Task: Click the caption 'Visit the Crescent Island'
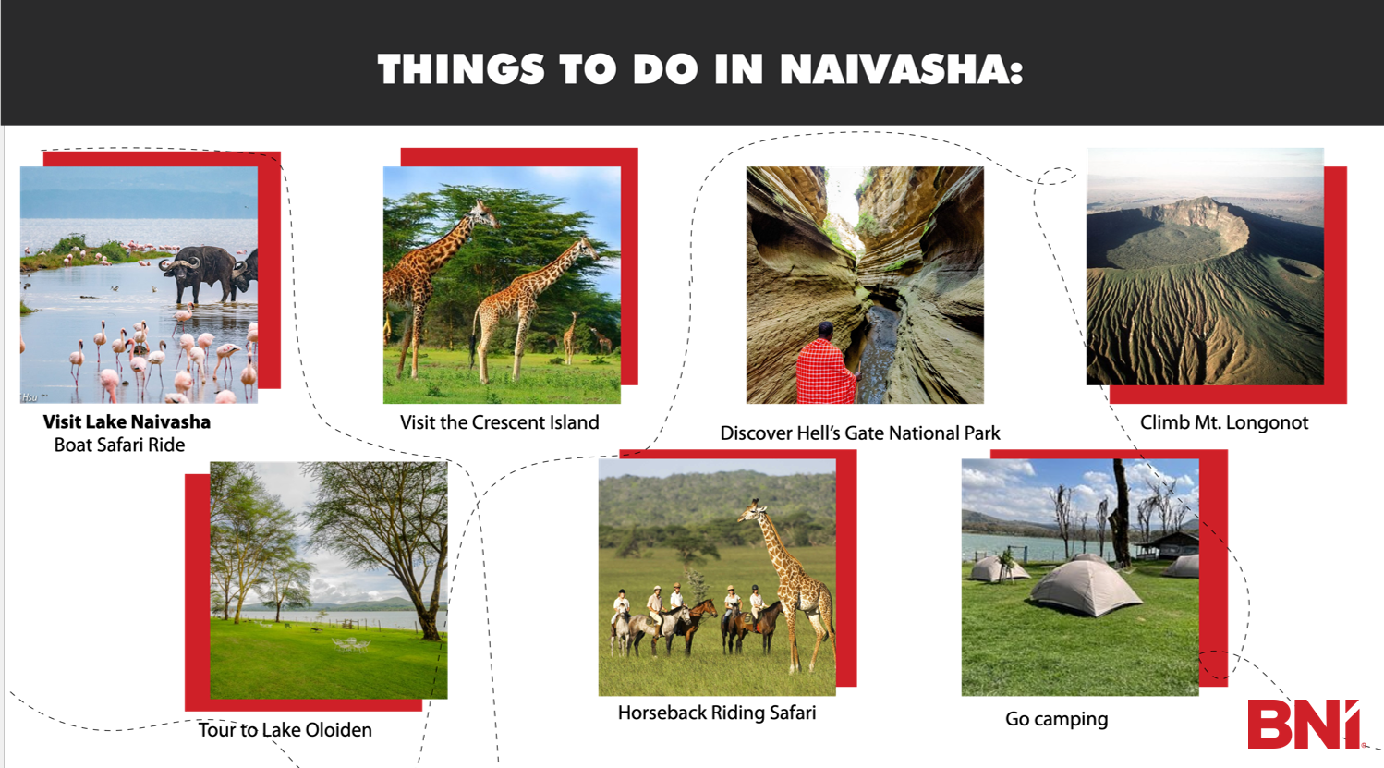(x=499, y=422)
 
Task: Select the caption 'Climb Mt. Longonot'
(x=1224, y=422)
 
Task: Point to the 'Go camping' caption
(x=1057, y=719)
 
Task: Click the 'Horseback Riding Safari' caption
(x=717, y=713)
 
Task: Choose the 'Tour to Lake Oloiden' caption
(x=285, y=730)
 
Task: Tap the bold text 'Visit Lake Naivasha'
(x=127, y=422)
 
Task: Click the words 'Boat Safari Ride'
(x=119, y=445)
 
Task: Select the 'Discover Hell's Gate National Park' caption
(x=860, y=433)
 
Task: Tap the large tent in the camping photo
(x=1086, y=586)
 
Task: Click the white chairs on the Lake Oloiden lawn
(x=351, y=644)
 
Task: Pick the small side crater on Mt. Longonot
(x=1296, y=267)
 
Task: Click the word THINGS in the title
(x=461, y=68)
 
